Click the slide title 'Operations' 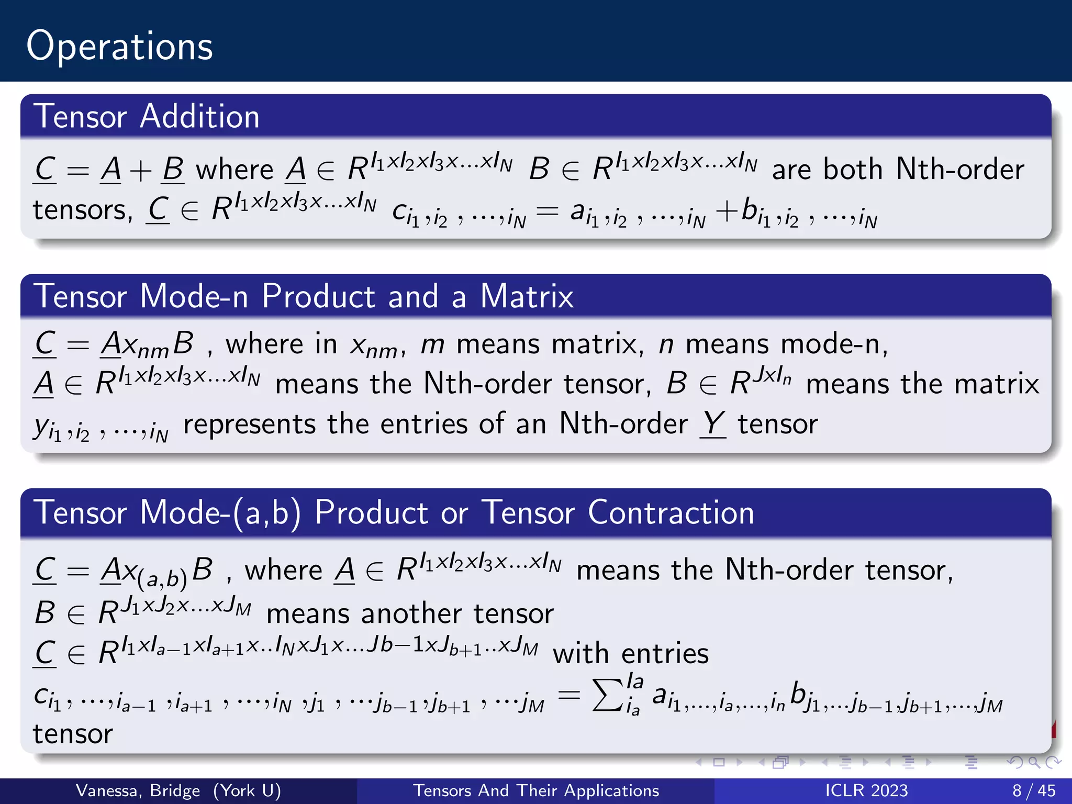(x=119, y=46)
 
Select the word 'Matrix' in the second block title (x=527, y=296)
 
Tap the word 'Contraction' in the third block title (x=671, y=512)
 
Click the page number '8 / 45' (x=1034, y=790)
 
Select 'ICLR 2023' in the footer (x=866, y=790)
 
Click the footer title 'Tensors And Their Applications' (x=536, y=790)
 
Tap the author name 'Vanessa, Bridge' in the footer (x=138, y=790)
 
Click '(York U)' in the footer (x=247, y=790)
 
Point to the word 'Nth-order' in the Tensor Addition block (x=960, y=169)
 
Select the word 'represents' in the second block (x=249, y=424)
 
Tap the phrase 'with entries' (x=631, y=653)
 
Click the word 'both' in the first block (x=853, y=169)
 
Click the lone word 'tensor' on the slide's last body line (x=73, y=734)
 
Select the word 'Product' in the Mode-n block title (x=319, y=296)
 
